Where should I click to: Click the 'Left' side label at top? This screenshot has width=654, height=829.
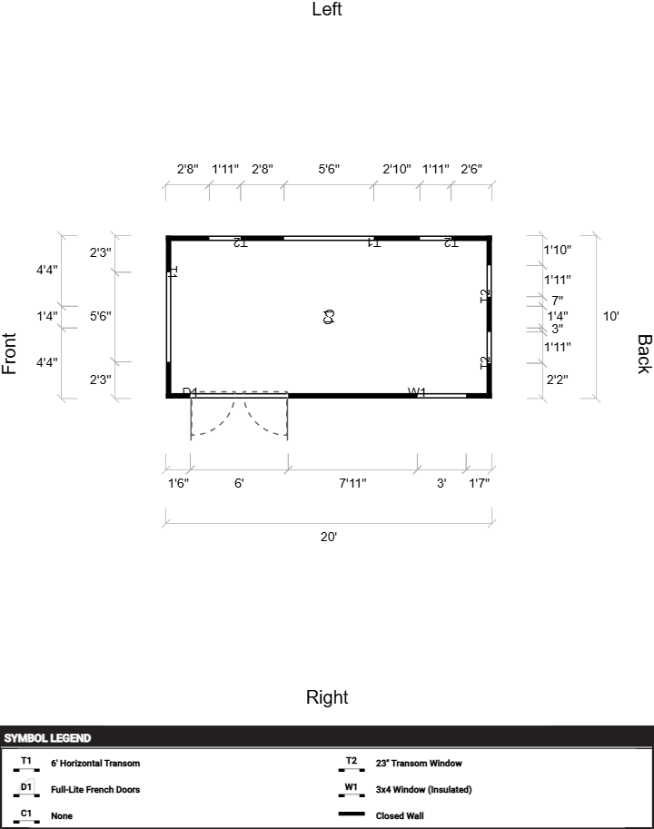click(327, 10)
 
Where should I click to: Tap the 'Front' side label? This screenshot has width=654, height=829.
click(10, 354)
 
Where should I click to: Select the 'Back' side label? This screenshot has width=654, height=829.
click(643, 354)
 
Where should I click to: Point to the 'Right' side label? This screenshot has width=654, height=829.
click(327, 697)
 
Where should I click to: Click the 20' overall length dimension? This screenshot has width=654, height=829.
click(329, 537)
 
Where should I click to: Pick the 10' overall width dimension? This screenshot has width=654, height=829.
click(611, 316)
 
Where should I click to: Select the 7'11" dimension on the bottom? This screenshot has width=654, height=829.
click(352, 483)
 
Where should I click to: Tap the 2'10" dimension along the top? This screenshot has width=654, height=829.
click(397, 169)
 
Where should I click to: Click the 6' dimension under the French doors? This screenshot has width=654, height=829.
click(239, 483)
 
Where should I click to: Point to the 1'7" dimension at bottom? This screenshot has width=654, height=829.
click(479, 483)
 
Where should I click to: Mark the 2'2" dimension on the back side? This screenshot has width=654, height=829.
click(558, 379)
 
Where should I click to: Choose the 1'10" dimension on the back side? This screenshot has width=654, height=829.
click(558, 250)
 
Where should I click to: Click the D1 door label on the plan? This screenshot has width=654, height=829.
click(190, 392)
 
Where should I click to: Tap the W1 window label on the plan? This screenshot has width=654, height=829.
click(417, 392)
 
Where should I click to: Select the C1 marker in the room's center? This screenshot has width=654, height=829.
click(329, 317)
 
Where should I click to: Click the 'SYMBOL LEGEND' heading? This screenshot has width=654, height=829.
click(47, 738)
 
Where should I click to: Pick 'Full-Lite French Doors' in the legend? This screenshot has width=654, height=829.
click(95, 790)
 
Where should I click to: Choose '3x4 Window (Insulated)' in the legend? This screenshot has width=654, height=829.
click(423, 790)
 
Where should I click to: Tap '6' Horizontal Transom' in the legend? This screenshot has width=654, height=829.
click(95, 764)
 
